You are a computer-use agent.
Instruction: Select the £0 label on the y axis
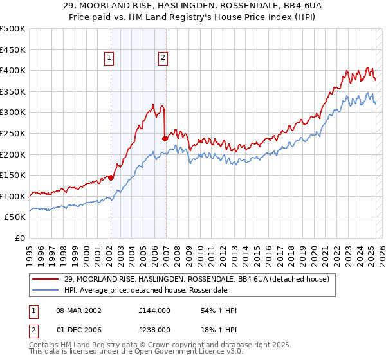tap(19, 238)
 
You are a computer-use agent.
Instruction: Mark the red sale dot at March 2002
tap(111, 177)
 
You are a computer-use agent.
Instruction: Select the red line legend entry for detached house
tap(196, 279)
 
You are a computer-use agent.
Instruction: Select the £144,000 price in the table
tap(154, 310)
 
